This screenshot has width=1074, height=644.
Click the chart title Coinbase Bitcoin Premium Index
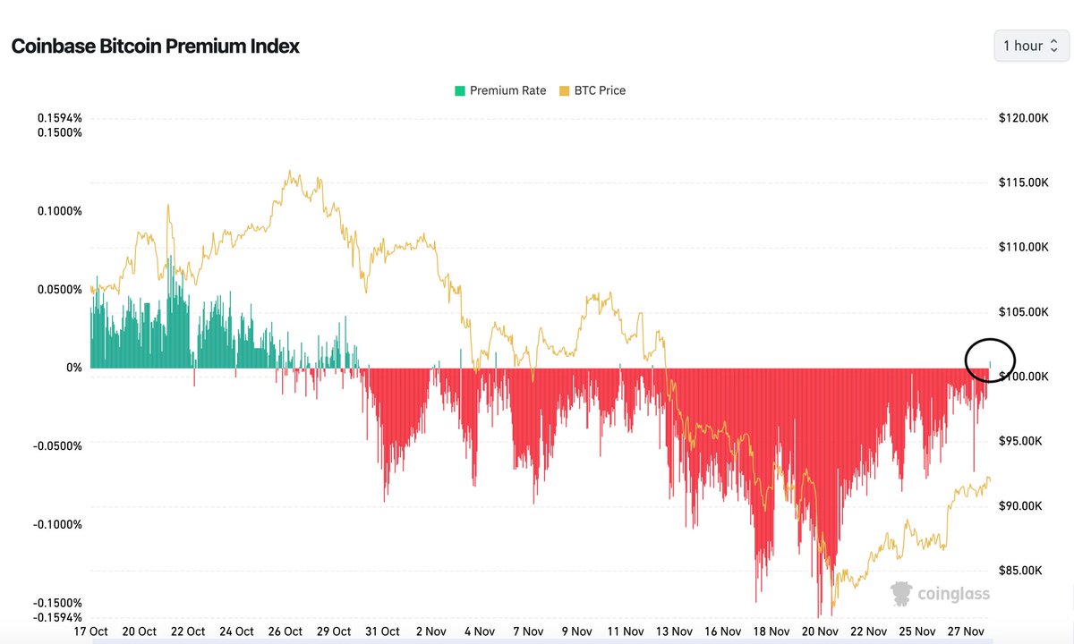(x=155, y=47)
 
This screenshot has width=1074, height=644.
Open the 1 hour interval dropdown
(x=1031, y=46)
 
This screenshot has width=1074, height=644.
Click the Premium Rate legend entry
(x=500, y=90)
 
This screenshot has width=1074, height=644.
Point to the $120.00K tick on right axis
(x=1022, y=118)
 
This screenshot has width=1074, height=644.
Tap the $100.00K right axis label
(x=1022, y=377)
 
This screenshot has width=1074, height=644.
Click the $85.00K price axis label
(x=1022, y=571)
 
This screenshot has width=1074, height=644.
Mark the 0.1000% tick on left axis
(x=59, y=211)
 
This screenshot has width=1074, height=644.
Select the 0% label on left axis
(x=73, y=368)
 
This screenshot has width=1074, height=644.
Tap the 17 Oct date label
(x=90, y=631)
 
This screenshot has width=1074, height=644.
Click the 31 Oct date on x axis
(x=383, y=631)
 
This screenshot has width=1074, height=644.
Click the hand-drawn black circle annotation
(x=990, y=360)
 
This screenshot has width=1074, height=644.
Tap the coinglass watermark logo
(x=940, y=592)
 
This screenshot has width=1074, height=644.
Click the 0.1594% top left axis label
(x=59, y=118)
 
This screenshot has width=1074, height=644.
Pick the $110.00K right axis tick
(x=1022, y=248)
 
